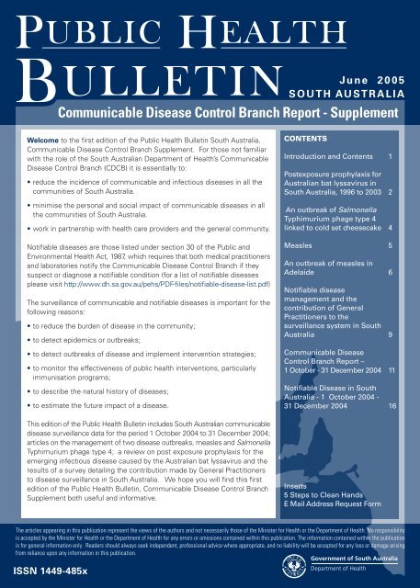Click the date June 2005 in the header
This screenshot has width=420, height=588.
(367, 56)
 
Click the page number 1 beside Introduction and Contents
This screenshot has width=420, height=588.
(392, 158)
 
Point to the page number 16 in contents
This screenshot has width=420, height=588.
(392, 406)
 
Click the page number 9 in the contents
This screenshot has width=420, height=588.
(392, 336)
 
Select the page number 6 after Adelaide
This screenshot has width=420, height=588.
(392, 274)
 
